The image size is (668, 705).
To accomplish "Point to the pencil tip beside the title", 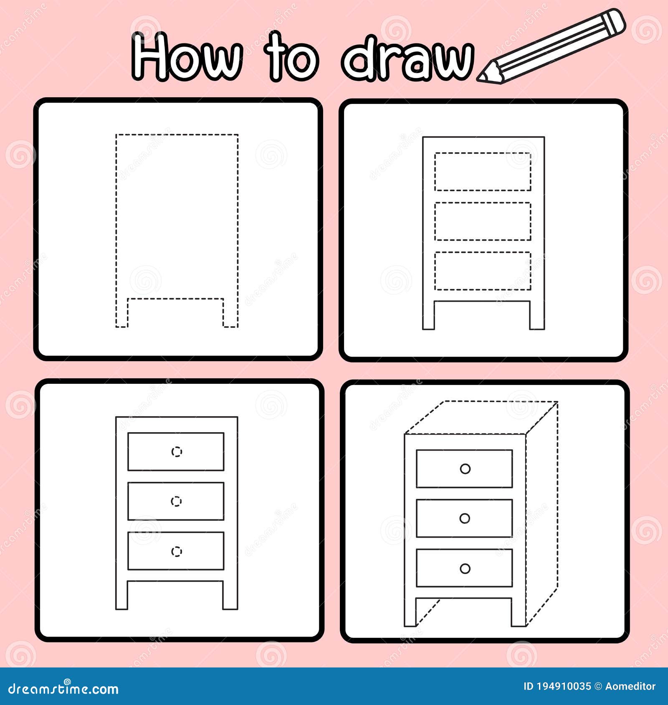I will pos(483,77).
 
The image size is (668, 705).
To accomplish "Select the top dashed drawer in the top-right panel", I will pos(483,171).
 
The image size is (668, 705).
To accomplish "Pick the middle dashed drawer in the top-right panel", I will pos(483,221).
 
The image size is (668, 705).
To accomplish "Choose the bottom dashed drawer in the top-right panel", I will pos(483,271).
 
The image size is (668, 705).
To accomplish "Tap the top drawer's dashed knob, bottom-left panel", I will pos(177,451).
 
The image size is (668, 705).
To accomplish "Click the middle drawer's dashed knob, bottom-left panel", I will pos(177,501).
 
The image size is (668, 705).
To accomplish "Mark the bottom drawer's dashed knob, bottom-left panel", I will pos(177,551).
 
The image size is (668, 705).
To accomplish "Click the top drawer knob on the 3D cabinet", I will pos(465,469).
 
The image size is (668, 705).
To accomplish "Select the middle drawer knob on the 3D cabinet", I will pos(465,519).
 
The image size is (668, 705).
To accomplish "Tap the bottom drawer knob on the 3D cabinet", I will pos(465,568).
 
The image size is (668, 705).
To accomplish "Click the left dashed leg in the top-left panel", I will pos(121,313).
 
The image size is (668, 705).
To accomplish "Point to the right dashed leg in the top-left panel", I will pos(230,313).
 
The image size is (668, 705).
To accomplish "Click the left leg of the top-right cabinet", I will pos(429,315).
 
